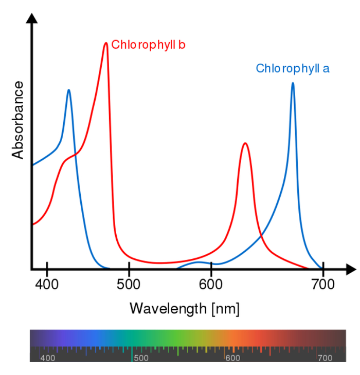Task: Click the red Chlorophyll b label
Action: point(148,45)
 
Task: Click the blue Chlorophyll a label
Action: point(293,68)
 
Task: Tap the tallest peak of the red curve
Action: point(106,43)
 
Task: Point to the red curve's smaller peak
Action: point(245,144)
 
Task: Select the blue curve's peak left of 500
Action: point(68,90)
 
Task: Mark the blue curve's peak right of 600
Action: point(293,83)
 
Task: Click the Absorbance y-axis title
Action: point(18,120)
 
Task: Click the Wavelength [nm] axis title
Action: point(184,308)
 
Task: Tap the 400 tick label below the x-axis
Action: point(47,284)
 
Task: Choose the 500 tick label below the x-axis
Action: point(129,284)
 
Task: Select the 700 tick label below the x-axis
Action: point(323,284)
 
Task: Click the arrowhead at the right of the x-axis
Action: point(351,269)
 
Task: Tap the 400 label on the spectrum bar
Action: point(48,358)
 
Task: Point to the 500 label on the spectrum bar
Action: point(141,358)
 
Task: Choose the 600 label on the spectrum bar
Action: point(233,358)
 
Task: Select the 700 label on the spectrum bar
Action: point(326,358)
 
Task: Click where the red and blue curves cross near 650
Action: point(262,237)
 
